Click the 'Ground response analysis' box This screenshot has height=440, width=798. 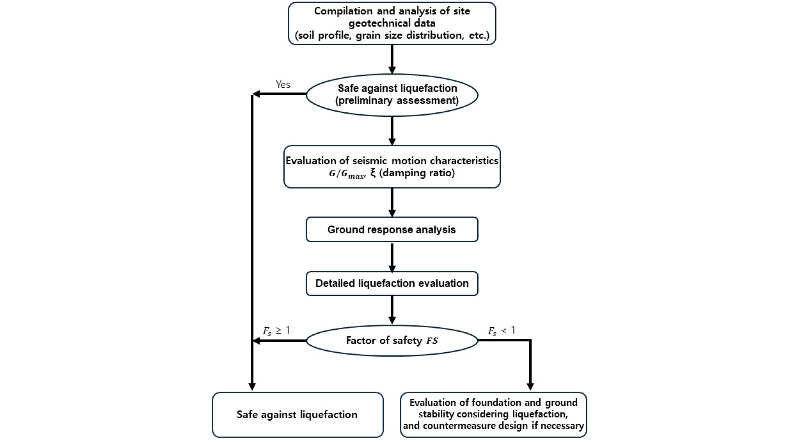[392, 230]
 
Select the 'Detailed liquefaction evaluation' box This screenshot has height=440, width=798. [392, 284]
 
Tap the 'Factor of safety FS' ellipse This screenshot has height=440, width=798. [392, 341]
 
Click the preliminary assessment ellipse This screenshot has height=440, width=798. [392, 95]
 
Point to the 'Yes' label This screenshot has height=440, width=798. [283, 85]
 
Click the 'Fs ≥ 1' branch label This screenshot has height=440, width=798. [277, 331]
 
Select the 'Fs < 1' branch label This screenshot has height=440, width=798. [502, 331]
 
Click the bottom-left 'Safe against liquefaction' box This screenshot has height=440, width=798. [297, 415]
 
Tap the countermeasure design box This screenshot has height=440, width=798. [493, 415]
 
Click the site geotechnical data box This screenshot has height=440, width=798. [392, 23]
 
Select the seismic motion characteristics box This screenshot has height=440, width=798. [392, 167]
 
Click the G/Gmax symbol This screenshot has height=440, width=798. [347, 174]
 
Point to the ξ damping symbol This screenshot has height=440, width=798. [373, 173]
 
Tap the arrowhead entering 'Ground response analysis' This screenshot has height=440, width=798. [392, 213]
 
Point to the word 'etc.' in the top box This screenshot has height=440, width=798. [479, 35]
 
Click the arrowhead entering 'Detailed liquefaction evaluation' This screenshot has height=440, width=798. [392, 268]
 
